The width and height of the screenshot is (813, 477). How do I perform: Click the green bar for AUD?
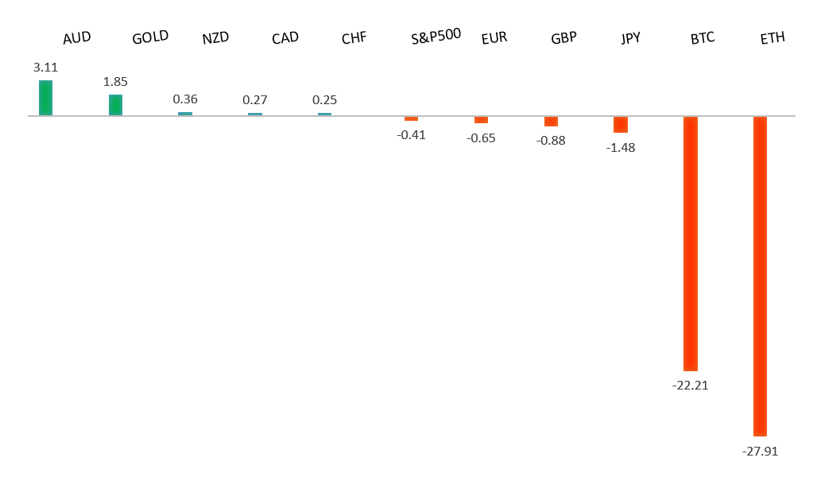tap(45, 98)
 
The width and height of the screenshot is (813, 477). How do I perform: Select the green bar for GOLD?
tap(115, 105)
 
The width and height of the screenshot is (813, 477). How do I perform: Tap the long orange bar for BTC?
tap(691, 243)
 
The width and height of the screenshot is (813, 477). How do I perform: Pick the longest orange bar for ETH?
tap(760, 276)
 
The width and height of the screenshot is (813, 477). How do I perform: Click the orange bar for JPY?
tap(621, 124)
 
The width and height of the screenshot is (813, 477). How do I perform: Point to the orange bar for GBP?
tap(551, 122)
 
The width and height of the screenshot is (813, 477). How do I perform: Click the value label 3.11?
tap(45, 68)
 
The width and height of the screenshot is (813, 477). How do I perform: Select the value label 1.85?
tap(115, 82)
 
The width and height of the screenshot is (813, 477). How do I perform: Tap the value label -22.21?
tap(690, 386)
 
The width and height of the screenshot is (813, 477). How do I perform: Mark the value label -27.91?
tap(760, 452)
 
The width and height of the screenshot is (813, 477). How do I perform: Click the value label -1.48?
tap(621, 148)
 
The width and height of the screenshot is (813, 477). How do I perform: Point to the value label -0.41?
tap(411, 135)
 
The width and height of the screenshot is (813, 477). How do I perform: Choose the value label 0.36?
tap(185, 99)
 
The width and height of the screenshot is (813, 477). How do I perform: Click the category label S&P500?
tap(436, 37)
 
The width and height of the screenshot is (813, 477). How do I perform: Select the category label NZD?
tap(215, 38)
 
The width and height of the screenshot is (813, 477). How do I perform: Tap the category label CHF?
tap(354, 38)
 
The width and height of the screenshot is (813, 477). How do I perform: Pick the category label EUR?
tap(494, 38)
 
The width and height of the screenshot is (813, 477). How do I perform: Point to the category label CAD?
tap(285, 38)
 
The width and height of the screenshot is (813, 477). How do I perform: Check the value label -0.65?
tap(481, 138)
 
